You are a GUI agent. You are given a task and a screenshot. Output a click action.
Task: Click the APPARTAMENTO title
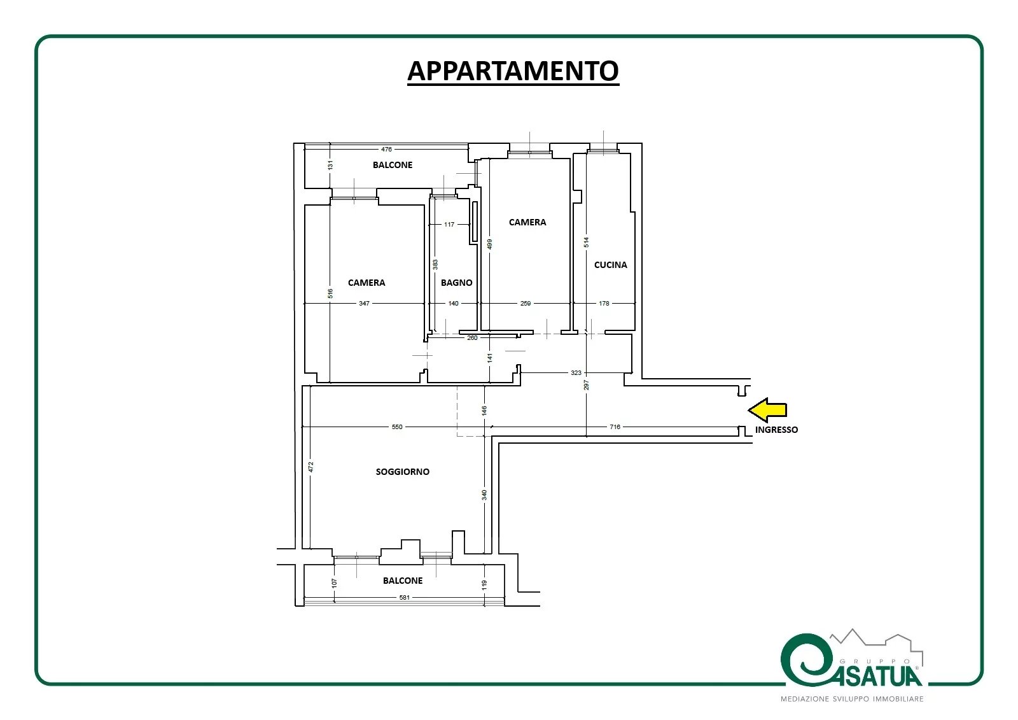click(513, 71)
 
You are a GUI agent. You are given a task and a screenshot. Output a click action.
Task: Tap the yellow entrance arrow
click(767, 410)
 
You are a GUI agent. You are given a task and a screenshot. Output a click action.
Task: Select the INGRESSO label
click(776, 430)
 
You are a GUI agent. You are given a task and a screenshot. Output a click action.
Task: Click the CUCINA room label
click(610, 265)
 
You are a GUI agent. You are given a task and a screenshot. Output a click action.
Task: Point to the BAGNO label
click(456, 283)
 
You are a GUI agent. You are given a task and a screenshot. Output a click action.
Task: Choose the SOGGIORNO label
click(402, 472)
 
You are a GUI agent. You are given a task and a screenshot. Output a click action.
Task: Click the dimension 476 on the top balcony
click(386, 149)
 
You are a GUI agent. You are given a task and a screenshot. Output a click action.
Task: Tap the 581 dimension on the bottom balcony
click(404, 597)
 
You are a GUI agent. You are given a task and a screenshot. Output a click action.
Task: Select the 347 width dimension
click(364, 304)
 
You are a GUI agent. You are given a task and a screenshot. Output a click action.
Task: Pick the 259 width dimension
click(526, 304)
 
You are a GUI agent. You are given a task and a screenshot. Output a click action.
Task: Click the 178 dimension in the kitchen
click(604, 304)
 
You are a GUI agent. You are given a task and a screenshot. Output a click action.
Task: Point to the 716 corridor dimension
click(615, 427)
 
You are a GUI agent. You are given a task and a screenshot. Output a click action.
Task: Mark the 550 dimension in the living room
click(397, 427)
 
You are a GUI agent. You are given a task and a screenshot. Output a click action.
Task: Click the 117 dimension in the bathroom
click(449, 224)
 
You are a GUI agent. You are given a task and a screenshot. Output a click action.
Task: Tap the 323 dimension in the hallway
click(576, 372)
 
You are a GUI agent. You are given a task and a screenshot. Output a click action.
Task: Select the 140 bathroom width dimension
click(453, 304)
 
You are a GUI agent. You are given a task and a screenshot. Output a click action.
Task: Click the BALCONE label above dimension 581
click(403, 581)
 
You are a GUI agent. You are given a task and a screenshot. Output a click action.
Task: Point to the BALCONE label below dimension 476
click(393, 165)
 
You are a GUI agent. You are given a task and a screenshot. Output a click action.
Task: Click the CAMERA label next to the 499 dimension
click(527, 222)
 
